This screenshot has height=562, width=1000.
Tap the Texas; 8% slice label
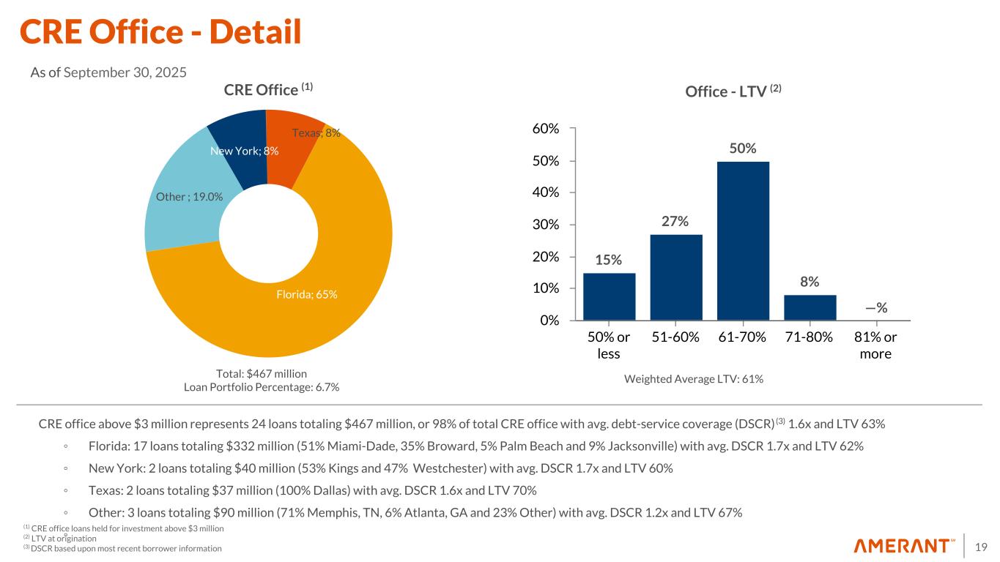[x=316, y=132]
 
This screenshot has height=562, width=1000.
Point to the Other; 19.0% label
[x=190, y=196]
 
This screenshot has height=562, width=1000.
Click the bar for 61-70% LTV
[x=743, y=241]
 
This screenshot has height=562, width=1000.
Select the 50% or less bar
[x=609, y=296]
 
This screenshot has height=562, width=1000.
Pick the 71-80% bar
[x=810, y=307]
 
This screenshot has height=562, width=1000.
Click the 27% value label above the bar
[x=675, y=221]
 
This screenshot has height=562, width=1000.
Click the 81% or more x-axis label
[x=875, y=345]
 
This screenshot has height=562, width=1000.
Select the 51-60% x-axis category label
[x=675, y=337]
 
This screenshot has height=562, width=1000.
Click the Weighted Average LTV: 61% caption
[x=693, y=379]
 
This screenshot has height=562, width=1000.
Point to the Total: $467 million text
[x=261, y=374]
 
